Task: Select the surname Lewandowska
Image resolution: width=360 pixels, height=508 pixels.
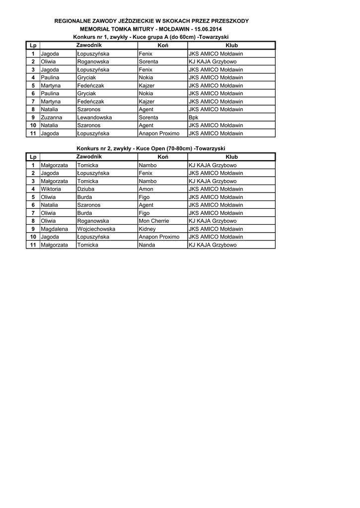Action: click(94, 118)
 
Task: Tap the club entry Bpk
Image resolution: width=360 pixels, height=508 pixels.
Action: click(193, 118)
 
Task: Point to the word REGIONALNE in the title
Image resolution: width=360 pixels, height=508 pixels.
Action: click(74, 21)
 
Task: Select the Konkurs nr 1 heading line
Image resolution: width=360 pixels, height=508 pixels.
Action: click(150, 37)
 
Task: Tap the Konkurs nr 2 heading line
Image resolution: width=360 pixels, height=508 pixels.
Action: click(150, 149)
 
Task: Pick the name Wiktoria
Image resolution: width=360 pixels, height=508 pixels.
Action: click(51, 189)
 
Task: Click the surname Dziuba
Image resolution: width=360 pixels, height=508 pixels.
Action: click(85, 189)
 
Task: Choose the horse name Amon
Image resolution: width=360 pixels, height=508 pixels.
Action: click(146, 189)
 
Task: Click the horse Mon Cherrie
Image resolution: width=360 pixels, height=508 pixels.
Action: click(154, 221)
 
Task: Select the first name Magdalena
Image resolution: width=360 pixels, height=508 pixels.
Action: click(54, 229)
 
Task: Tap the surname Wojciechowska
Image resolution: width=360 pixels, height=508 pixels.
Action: click(96, 229)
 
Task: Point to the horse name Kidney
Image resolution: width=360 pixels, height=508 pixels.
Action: click(147, 229)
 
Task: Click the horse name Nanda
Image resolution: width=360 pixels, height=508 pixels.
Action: click(147, 245)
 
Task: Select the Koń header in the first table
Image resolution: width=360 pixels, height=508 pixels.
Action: click(163, 46)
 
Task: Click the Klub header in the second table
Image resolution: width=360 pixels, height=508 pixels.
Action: click(231, 157)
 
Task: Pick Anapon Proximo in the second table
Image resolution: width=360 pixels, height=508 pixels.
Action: click(159, 237)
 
